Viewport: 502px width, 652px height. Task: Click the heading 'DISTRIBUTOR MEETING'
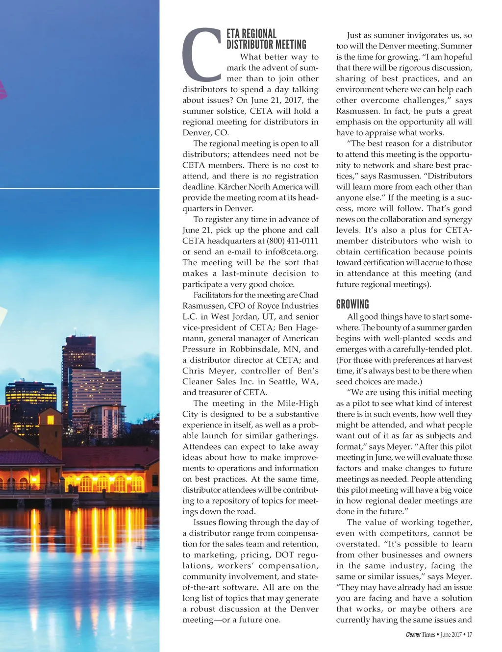coord(266,45)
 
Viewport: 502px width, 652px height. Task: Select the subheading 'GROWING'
coord(352,304)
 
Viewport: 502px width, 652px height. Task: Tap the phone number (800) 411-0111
coord(292,241)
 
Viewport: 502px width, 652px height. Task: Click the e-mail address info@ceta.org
coord(291,251)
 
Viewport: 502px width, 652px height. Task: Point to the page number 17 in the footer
coord(470,634)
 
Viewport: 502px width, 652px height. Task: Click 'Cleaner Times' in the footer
coord(421,634)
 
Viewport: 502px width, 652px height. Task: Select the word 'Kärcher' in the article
coord(232,187)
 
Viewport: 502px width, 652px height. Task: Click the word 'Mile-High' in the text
coord(298,403)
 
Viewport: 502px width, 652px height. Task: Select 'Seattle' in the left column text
coord(276,381)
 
